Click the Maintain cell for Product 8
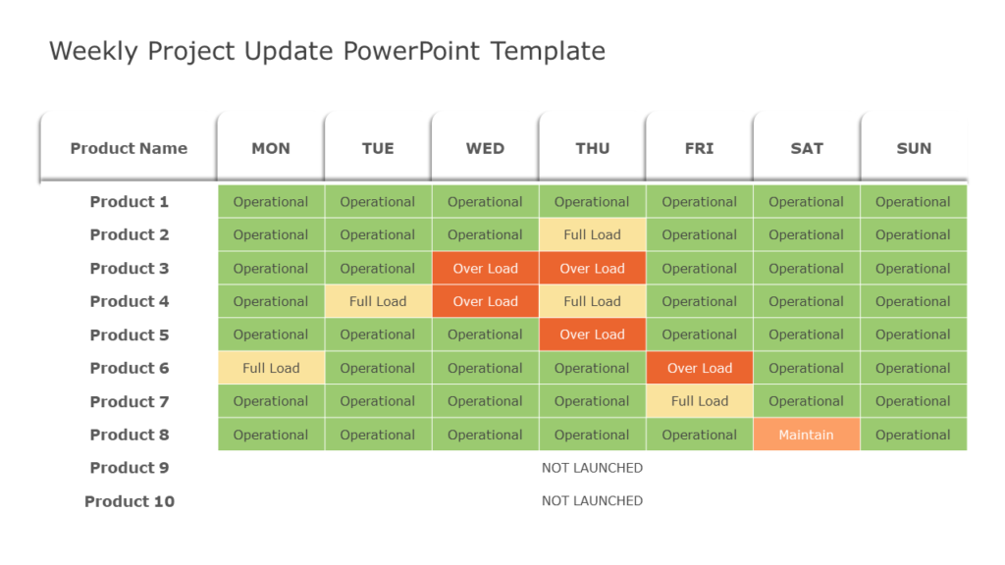point(806,435)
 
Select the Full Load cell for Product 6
point(271,368)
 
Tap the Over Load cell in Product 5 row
point(592,334)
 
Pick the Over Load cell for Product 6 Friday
point(700,368)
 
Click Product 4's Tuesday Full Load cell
point(378,301)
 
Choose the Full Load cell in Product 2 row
point(592,234)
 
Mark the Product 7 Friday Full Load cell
point(700,401)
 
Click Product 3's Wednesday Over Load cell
point(485,268)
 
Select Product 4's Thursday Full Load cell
point(592,301)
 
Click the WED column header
point(485,148)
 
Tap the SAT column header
point(807,148)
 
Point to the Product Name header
point(129,148)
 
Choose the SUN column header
point(914,148)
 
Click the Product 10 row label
point(130,501)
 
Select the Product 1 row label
point(130,201)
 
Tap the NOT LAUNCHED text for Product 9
point(592,468)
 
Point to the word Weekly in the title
point(94,51)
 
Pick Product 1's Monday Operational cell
point(271,201)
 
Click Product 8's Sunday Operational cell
point(913,435)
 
